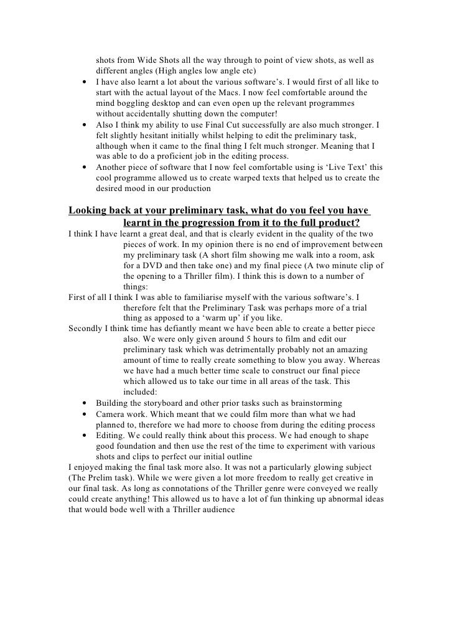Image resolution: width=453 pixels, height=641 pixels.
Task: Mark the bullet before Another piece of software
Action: click(83, 168)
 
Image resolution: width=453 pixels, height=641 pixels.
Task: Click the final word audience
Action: click(210, 510)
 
